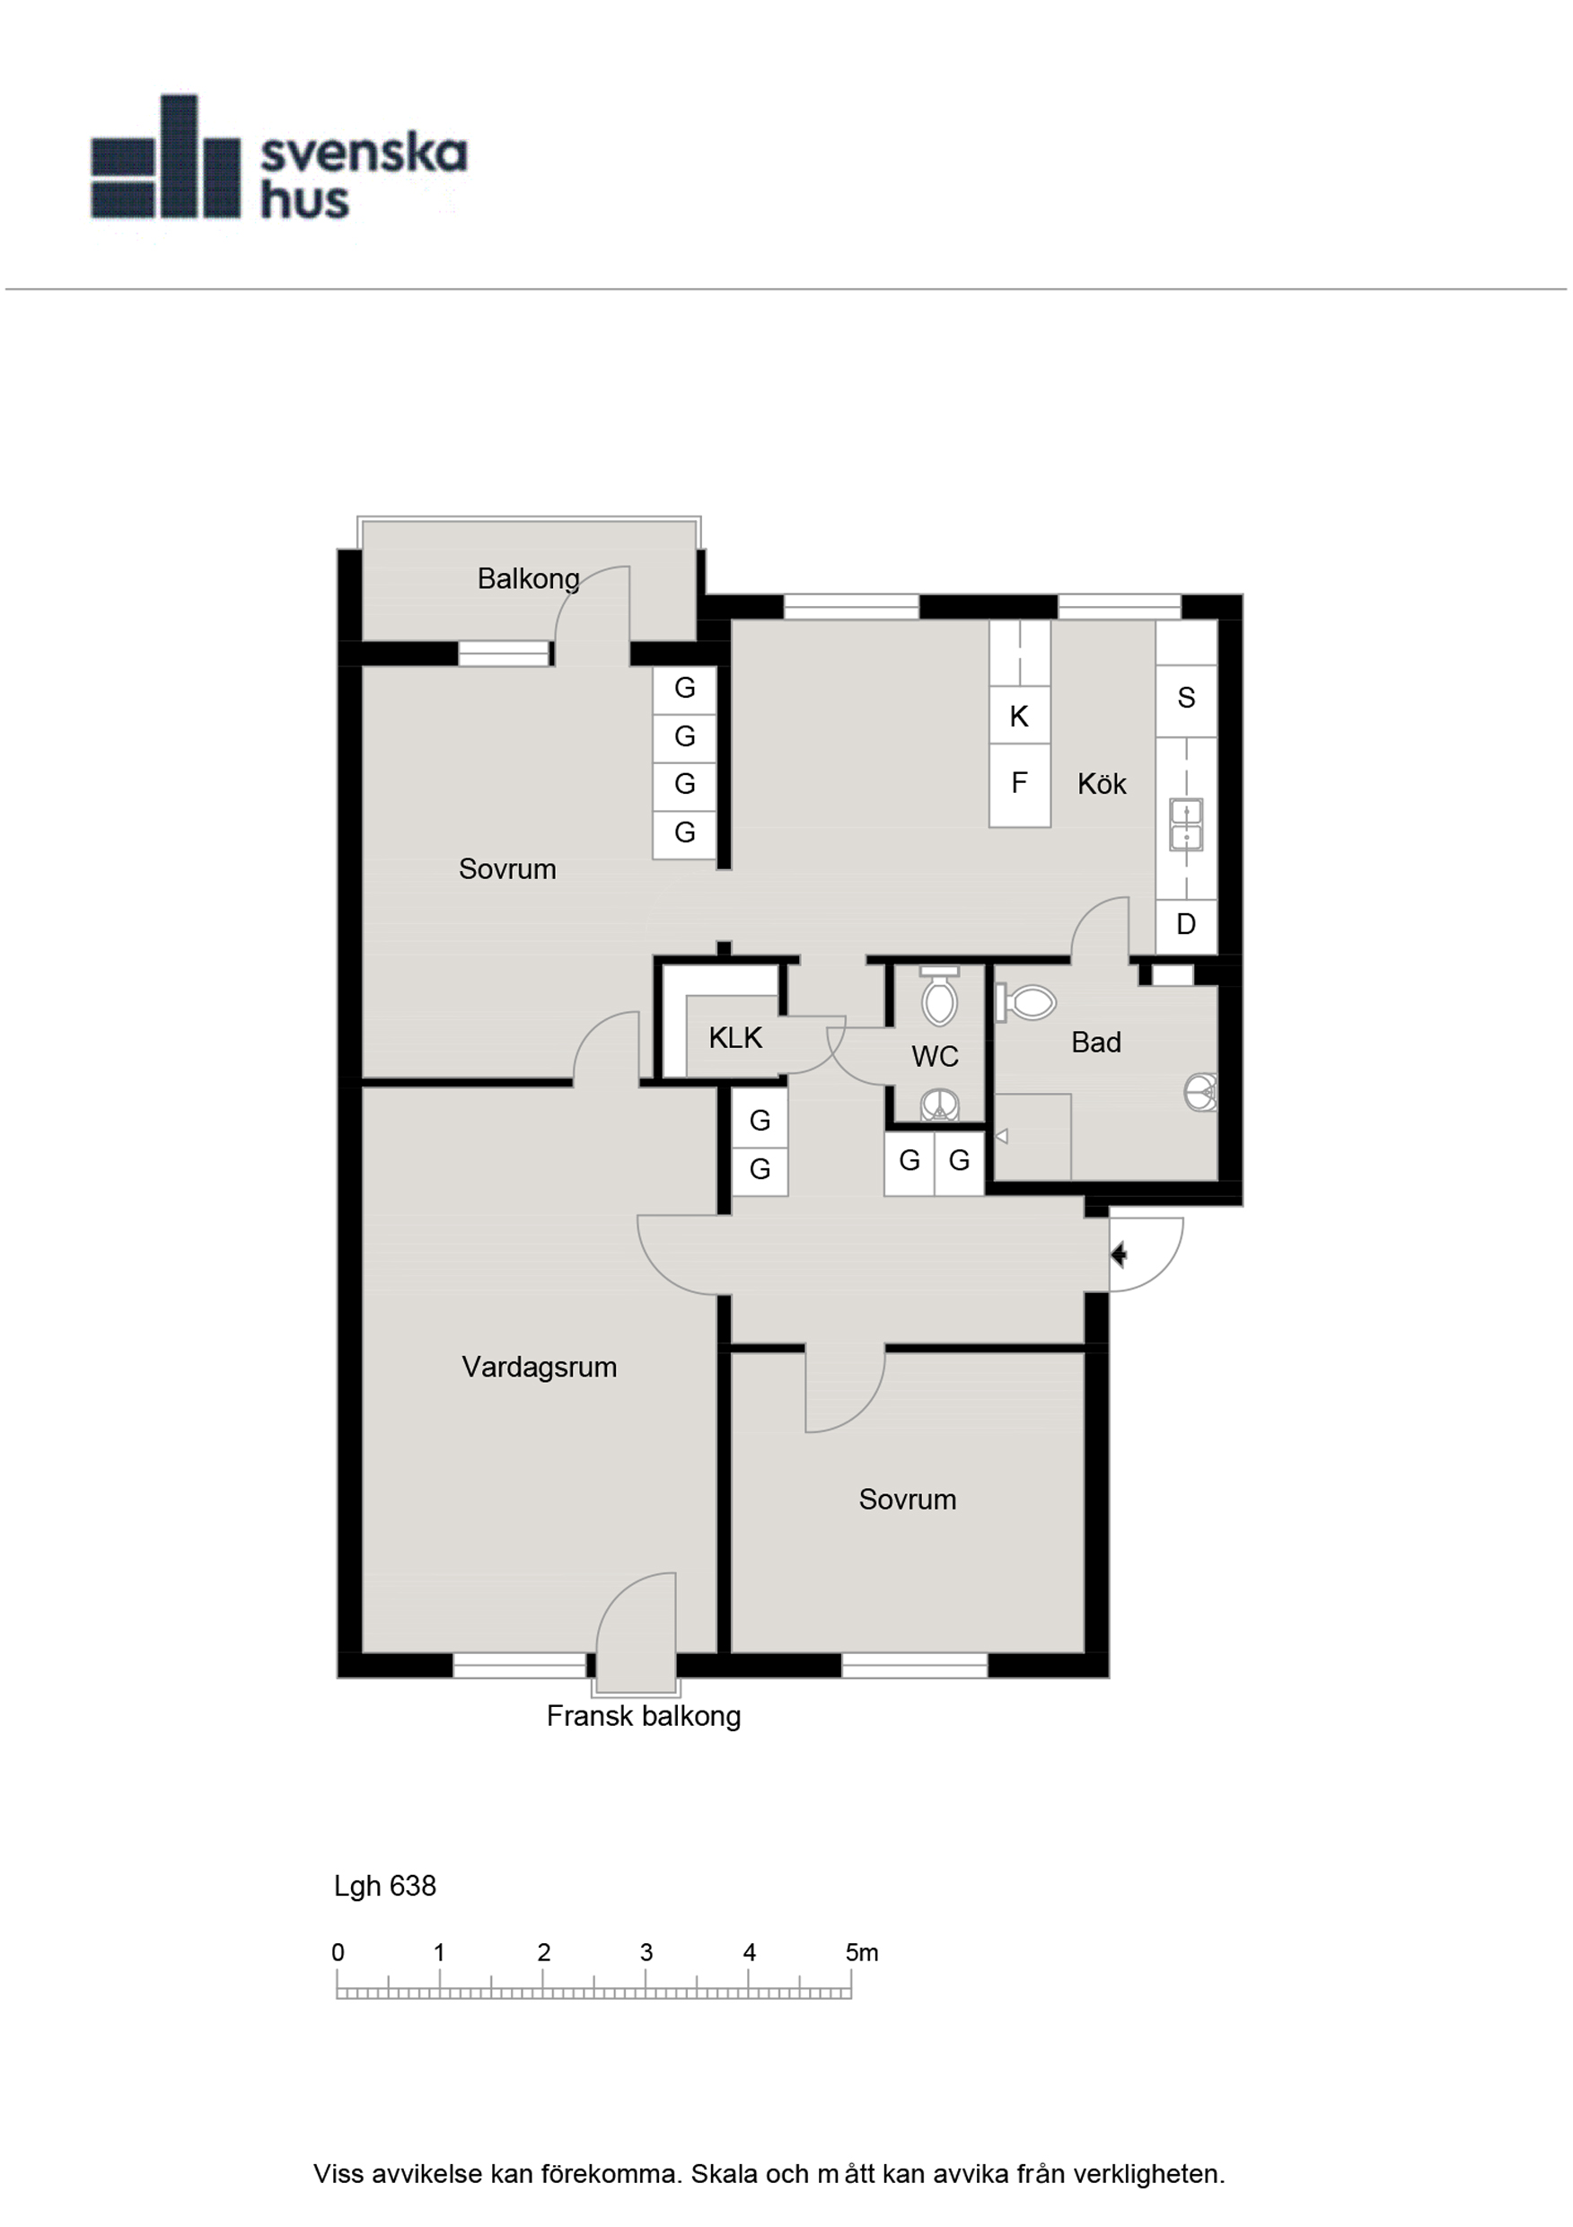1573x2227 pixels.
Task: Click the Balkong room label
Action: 529,579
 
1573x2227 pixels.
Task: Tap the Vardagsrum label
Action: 540,1367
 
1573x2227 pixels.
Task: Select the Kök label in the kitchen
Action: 1102,784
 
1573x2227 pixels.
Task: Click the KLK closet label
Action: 735,1038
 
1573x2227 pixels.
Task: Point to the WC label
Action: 935,1056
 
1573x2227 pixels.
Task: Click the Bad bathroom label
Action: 1096,1043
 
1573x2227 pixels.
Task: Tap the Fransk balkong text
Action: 644,1717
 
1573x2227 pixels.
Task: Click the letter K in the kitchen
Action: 1018,717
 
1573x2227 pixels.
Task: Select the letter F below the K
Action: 1018,783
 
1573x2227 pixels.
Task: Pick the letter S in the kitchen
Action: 1186,699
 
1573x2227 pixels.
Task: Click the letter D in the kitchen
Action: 1186,924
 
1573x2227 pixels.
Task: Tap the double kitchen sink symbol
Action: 1186,824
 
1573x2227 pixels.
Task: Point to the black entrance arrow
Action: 1118,1255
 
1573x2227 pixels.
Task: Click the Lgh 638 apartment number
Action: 385,1887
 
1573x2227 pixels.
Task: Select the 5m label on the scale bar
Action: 861,1953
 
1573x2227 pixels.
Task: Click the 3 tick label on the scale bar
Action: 646,1953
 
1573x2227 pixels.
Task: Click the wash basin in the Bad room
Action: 1200,1093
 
